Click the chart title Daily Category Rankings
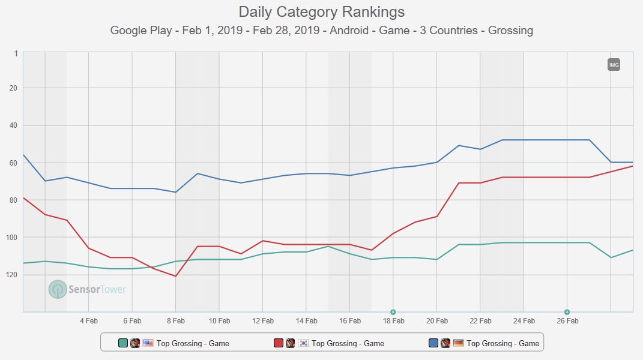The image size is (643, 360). (321, 11)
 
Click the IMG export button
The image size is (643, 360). (614, 65)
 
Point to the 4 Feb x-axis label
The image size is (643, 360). (88, 321)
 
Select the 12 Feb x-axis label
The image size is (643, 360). (263, 321)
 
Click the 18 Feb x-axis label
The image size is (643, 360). (393, 321)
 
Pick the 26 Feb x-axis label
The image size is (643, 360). (567, 321)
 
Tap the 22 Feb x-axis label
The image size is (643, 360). (480, 321)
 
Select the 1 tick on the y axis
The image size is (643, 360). (16, 53)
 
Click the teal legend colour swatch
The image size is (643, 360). (123, 343)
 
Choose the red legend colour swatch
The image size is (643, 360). (279, 343)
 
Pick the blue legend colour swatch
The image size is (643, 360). (433, 343)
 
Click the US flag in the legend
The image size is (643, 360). (148, 343)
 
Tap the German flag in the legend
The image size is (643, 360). (458, 343)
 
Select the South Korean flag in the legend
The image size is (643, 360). (303, 343)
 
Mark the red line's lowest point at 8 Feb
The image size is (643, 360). (175, 276)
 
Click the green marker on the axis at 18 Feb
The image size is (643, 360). (393, 312)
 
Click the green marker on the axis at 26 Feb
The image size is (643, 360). (567, 312)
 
